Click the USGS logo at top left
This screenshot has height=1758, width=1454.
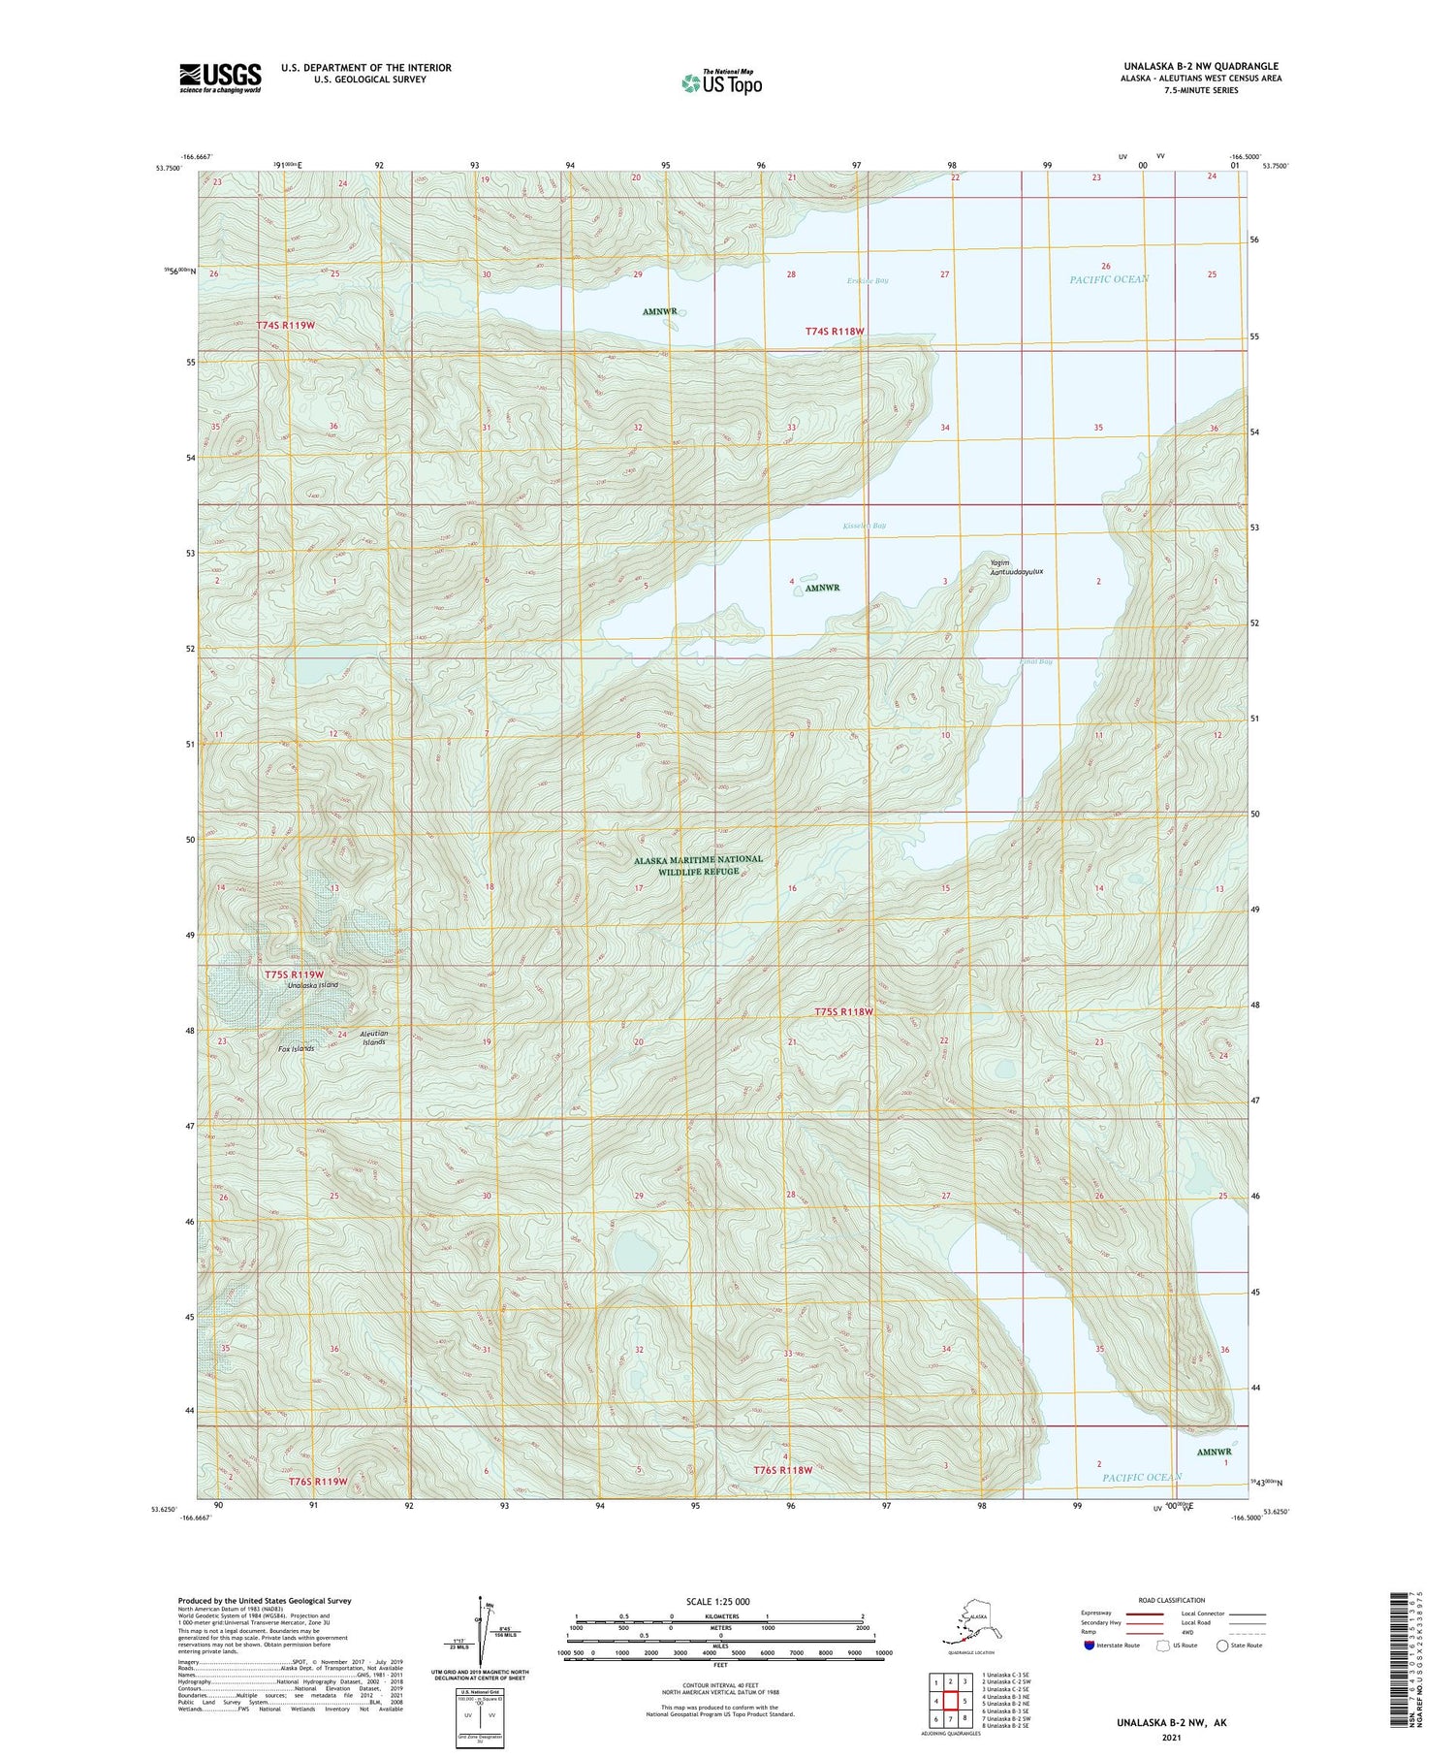point(220,78)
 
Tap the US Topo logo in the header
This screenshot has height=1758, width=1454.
point(721,82)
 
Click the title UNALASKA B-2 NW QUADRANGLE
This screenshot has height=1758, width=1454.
point(1200,66)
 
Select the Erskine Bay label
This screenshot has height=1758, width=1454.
point(867,281)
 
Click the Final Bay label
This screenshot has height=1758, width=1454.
point(1035,661)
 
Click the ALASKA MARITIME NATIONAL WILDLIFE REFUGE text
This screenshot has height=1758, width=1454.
point(698,865)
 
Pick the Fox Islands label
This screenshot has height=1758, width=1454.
point(297,1049)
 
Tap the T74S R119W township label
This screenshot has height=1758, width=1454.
point(286,325)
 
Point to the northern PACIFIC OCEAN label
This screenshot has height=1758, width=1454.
point(1109,279)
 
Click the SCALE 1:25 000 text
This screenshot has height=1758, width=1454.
point(717,1601)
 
